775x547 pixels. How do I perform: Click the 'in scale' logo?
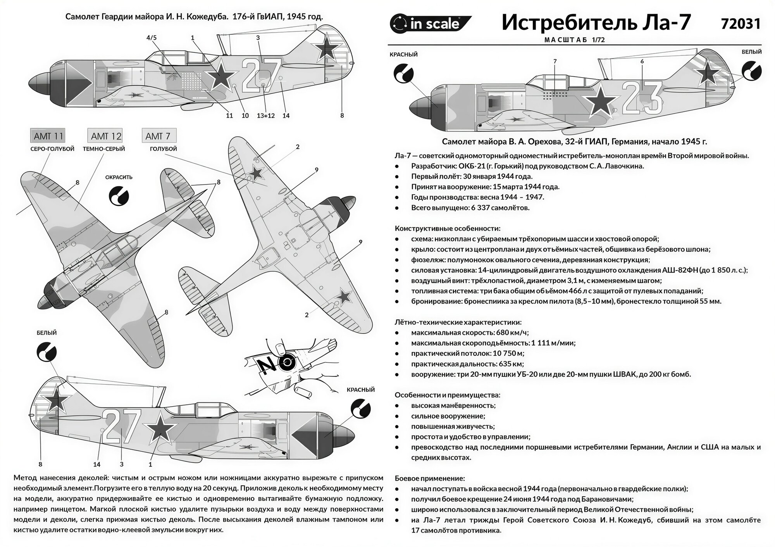(426, 24)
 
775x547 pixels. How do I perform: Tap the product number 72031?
(740, 24)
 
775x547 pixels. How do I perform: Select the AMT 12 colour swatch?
(106, 136)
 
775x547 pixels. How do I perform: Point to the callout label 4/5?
(152, 38)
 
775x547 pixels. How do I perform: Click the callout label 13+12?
(265, 116)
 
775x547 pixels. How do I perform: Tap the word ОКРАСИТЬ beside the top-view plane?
(119, 177)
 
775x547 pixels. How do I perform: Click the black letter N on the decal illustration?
(267, 365)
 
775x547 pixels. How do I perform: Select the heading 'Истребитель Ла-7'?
(596, 22)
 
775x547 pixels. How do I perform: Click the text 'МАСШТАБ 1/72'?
(574, 40)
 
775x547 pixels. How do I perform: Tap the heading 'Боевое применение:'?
(430, 478)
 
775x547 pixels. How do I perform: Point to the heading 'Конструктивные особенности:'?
(447, 228)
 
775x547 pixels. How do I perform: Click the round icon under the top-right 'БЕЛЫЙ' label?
(751, 71)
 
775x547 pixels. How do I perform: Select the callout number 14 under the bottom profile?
(96, 464)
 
